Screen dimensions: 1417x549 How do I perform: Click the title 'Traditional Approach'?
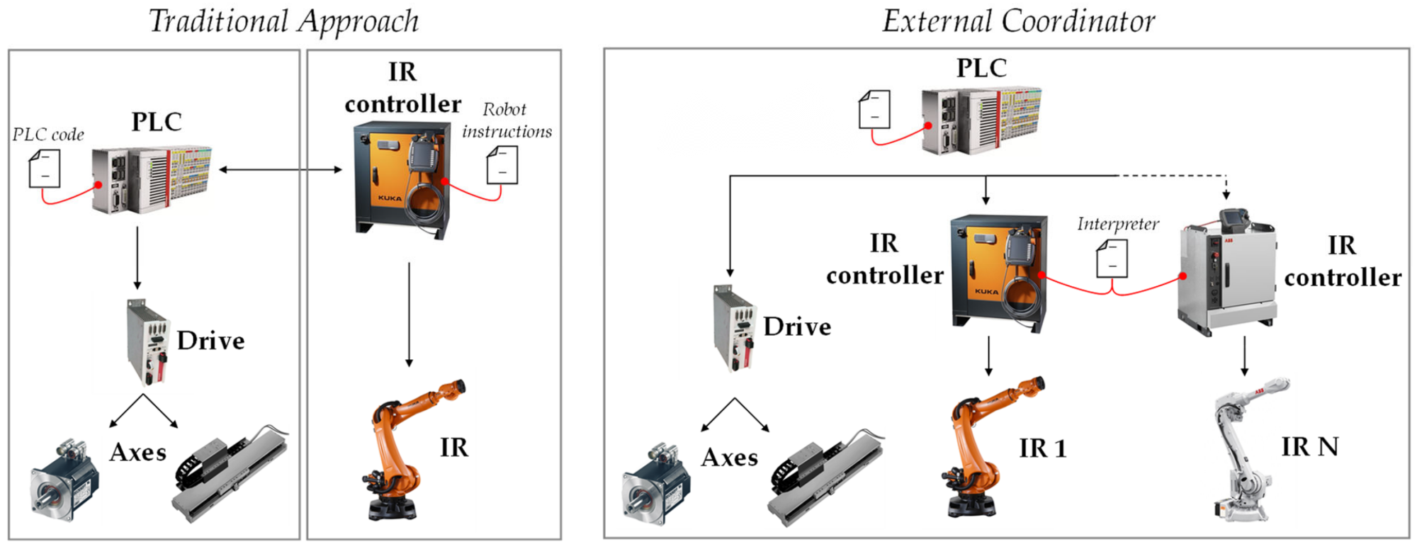point(283,21)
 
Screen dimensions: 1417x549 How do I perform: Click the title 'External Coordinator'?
point(1019,21)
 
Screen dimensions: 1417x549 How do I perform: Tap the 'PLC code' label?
point(48,135)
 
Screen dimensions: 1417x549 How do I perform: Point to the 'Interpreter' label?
point(1118,224)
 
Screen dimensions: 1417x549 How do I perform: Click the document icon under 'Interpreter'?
point(1112,259)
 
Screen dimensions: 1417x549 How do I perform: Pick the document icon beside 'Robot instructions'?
point(502,165)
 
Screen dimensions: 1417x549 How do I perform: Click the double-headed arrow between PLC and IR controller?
point(281,169)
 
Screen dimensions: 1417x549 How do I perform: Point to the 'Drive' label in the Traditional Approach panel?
point(210,341)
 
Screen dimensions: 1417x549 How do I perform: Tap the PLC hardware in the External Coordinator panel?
point(981,120)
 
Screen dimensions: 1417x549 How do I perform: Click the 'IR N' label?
point(1310,447)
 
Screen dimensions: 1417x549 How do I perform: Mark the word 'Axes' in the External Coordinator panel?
point(730,458)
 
